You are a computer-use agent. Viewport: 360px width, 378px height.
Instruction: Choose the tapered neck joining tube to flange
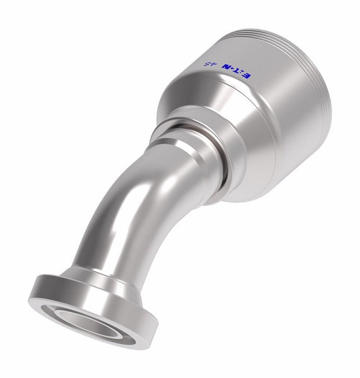82,277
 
